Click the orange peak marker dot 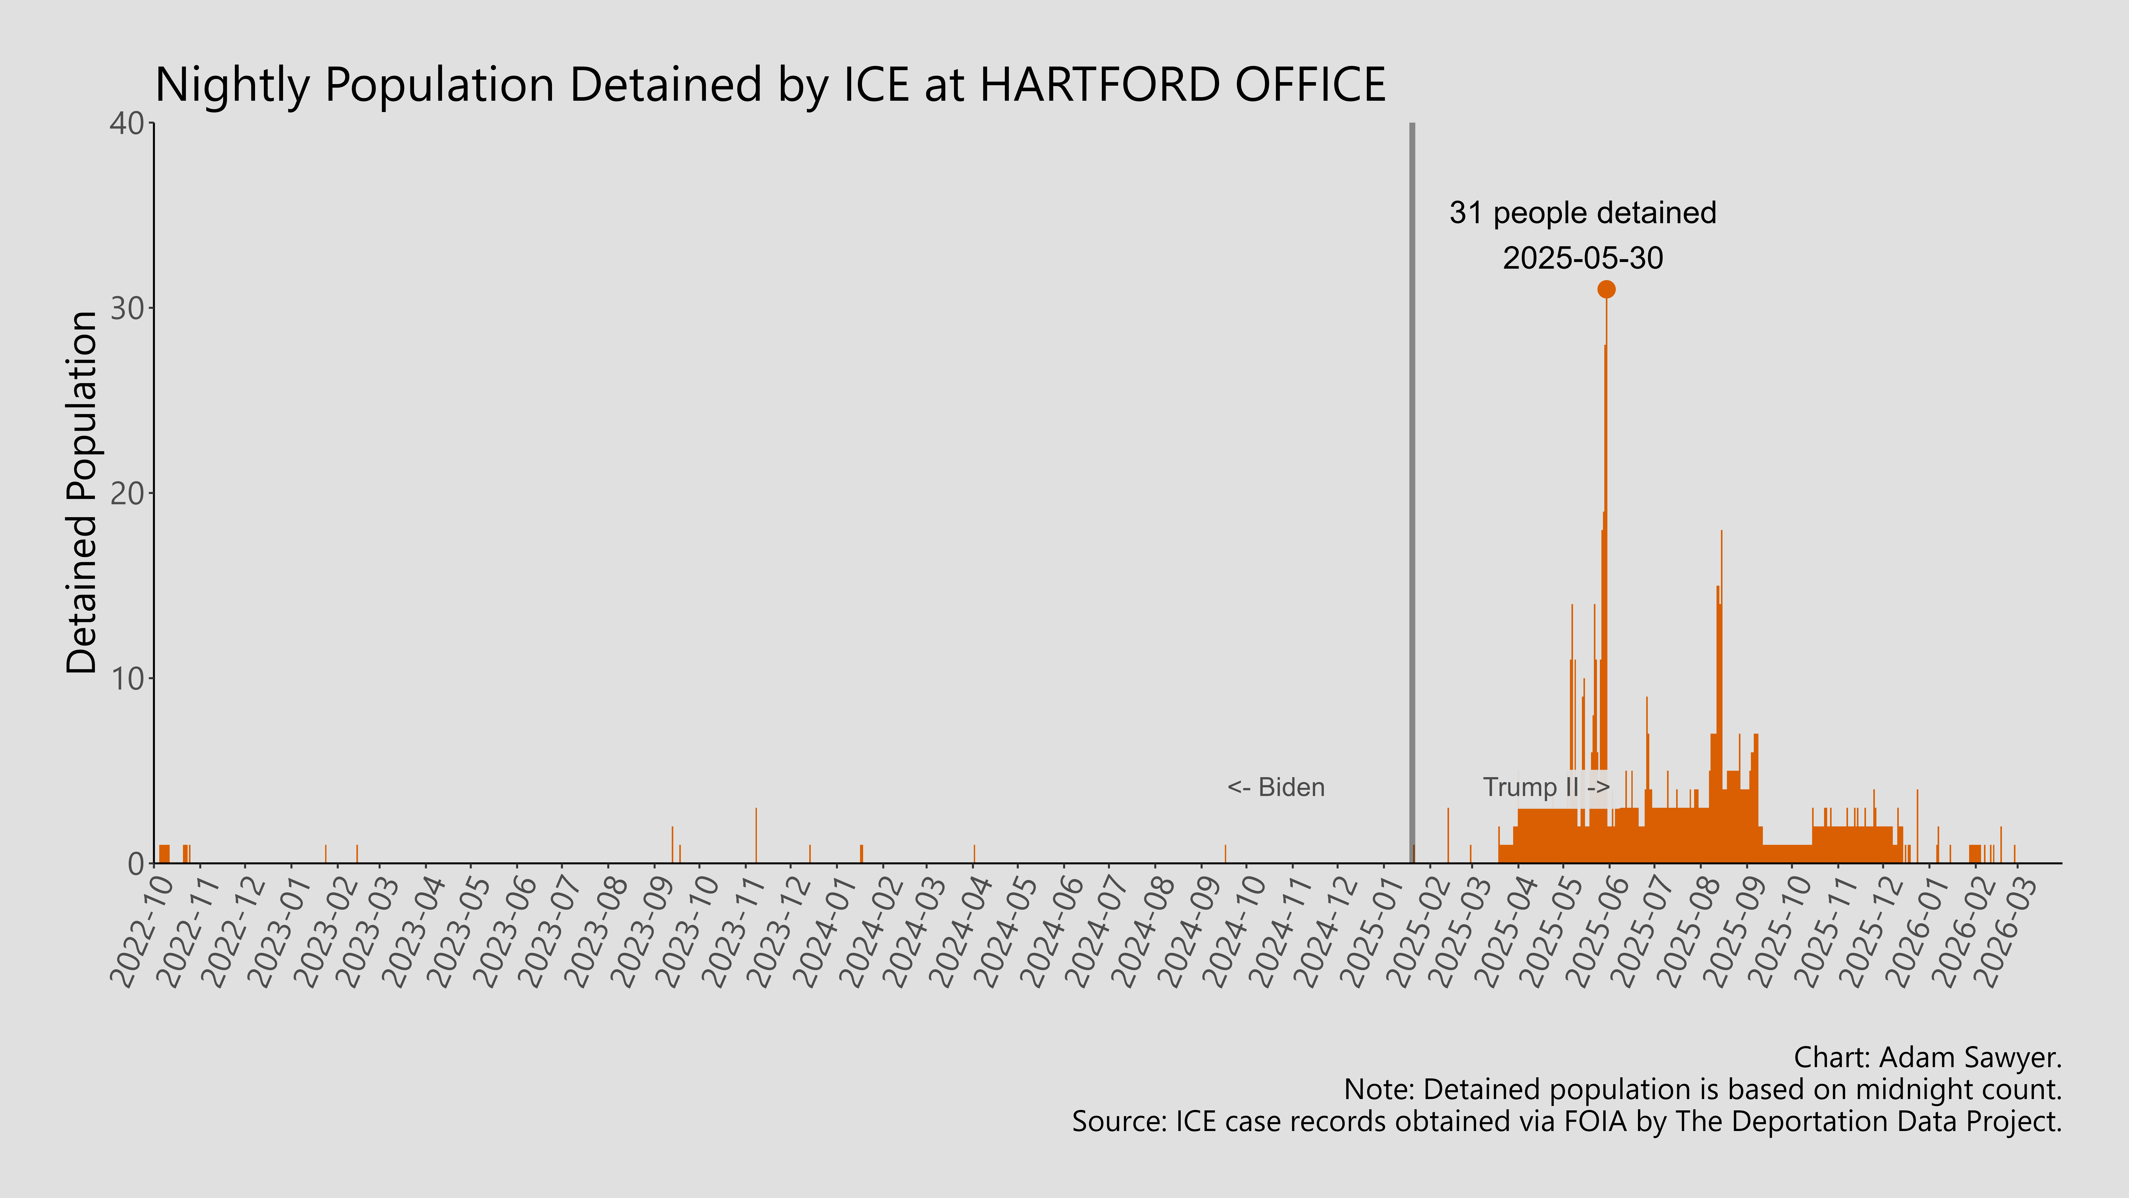1606,289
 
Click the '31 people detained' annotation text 1582,213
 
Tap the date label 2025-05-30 1582,259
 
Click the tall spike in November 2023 755,835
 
